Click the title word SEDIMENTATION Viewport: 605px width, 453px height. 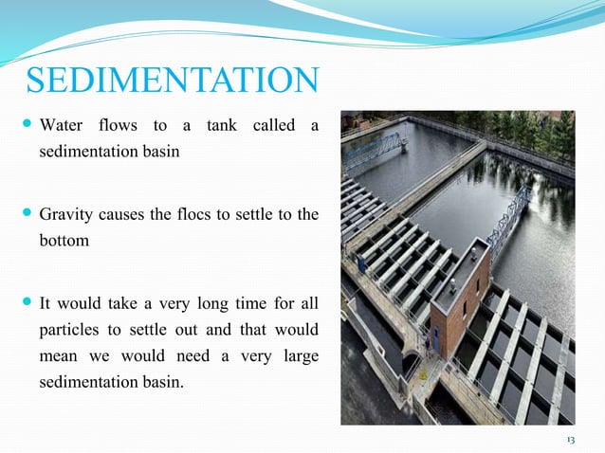pos(171,81)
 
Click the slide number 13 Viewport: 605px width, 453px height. pos(571,441)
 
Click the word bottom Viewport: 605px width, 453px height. pos(64,240)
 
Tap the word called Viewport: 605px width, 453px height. pos(269,126)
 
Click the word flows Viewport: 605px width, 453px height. pos(119,126)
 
